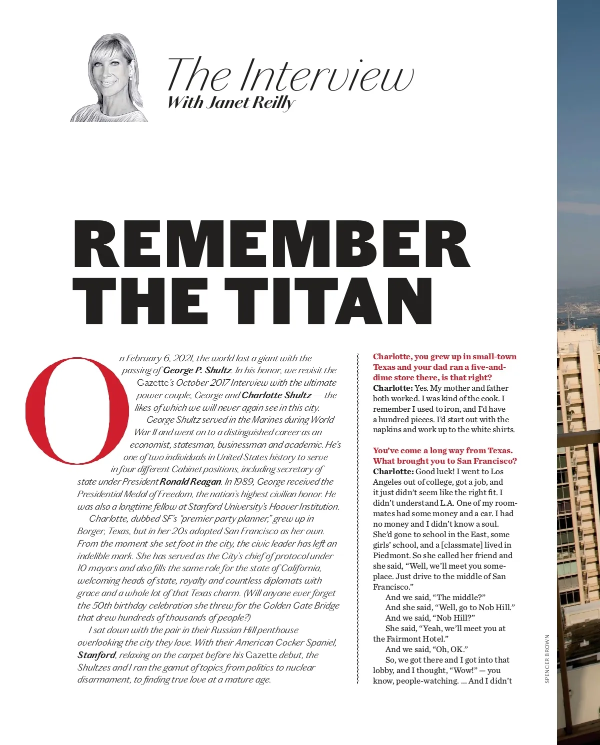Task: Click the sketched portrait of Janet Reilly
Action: coord(110,78)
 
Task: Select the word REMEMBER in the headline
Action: coord(271,245)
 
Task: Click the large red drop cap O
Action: coord(77,411)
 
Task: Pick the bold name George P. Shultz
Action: coord(197,371)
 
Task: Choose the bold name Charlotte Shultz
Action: coord(276,395)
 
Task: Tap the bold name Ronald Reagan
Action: coord(190,482)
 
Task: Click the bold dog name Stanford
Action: coord(96,655)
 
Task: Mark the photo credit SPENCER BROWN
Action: coord(547,659)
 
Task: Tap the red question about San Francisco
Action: coord(444,456)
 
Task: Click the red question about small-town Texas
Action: coord(444,367)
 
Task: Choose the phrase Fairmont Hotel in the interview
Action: coord(419,639)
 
